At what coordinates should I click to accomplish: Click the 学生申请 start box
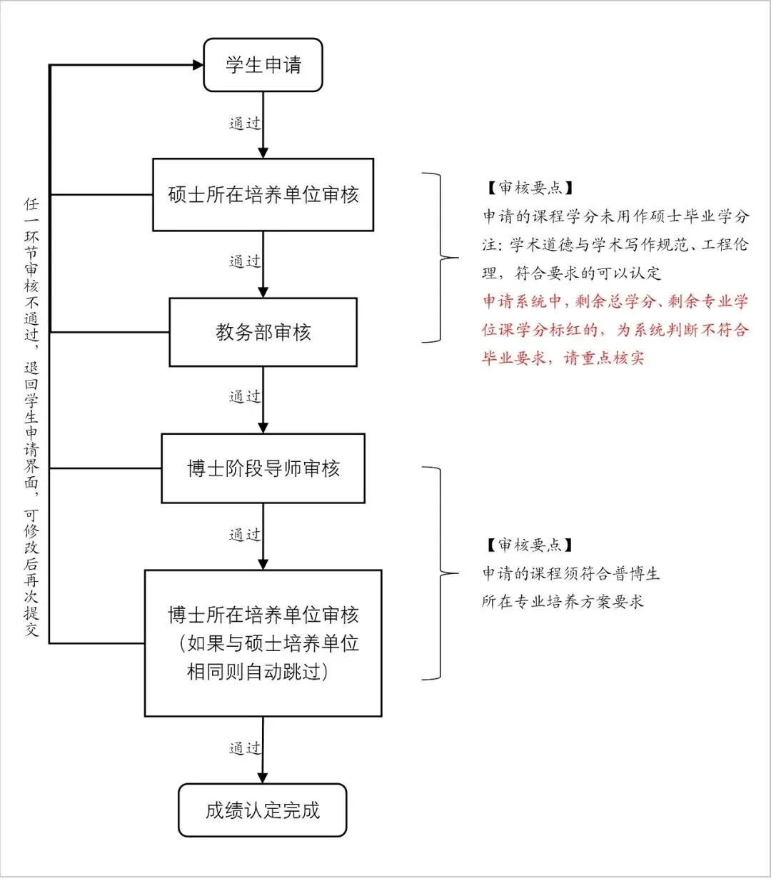pos(263,65)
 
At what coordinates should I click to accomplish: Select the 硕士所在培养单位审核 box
pos(263,195)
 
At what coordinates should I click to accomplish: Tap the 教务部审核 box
pos(263,332)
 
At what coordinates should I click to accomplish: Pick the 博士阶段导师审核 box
pos(263,468)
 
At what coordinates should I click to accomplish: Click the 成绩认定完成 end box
pos(263,810)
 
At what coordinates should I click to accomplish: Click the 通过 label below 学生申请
pos(245,124)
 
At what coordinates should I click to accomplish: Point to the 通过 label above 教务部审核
pos(245,261)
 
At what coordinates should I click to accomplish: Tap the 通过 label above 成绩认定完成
pos(245,748)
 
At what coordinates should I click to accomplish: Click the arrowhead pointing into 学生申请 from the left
pos(198,65)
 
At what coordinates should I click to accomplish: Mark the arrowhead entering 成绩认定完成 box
pos(263,777)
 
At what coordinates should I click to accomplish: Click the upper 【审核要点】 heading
pos(530,188)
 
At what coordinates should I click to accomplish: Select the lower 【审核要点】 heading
pos(529,545)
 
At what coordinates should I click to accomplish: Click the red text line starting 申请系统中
pos(615,301)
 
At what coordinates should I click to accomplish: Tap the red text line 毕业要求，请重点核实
pos(563,358)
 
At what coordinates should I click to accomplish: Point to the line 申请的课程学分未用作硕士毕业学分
pos(615,216)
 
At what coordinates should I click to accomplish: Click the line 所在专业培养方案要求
pos(563,602)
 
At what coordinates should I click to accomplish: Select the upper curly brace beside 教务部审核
pos(440,258)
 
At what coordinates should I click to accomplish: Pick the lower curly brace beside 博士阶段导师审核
pos(440,573)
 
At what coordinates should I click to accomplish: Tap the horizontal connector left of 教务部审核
pos(109,332)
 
